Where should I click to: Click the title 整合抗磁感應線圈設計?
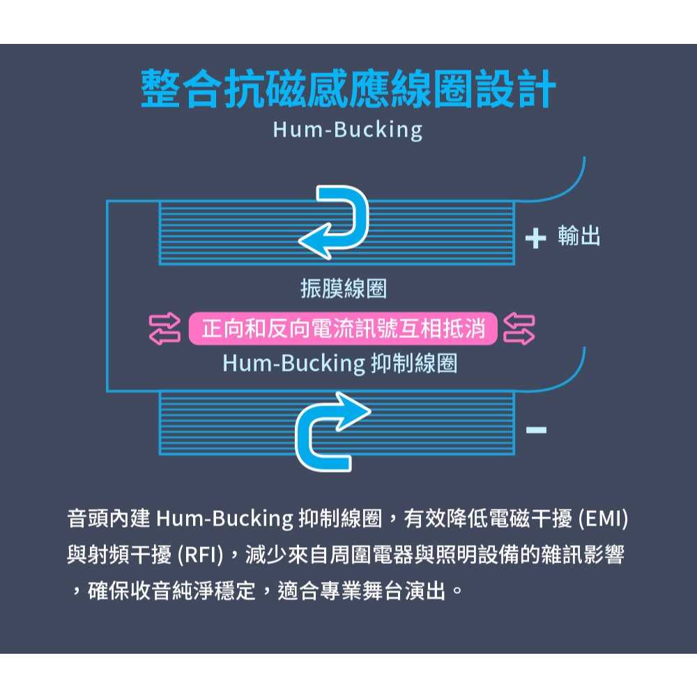[348, 89]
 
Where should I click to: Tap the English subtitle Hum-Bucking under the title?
[348, 130]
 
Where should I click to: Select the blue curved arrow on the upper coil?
[337, 221]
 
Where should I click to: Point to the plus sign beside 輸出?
[535, 239]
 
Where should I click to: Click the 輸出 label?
[579, 237]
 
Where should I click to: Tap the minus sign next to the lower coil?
[536, 429]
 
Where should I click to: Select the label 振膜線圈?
[344, 289]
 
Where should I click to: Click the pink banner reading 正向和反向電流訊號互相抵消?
[343, 328]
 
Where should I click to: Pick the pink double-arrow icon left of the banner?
[165, 329]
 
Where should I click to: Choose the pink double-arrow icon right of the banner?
[519, 329]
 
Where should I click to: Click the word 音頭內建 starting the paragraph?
[109, 519]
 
